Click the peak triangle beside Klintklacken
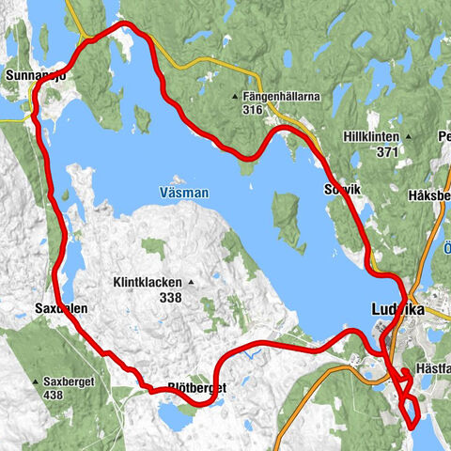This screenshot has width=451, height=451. click(x=191, y=282)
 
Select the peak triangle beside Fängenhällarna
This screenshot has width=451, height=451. click(x=236, y=96)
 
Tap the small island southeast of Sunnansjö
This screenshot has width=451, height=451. click(x=142, y=119)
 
